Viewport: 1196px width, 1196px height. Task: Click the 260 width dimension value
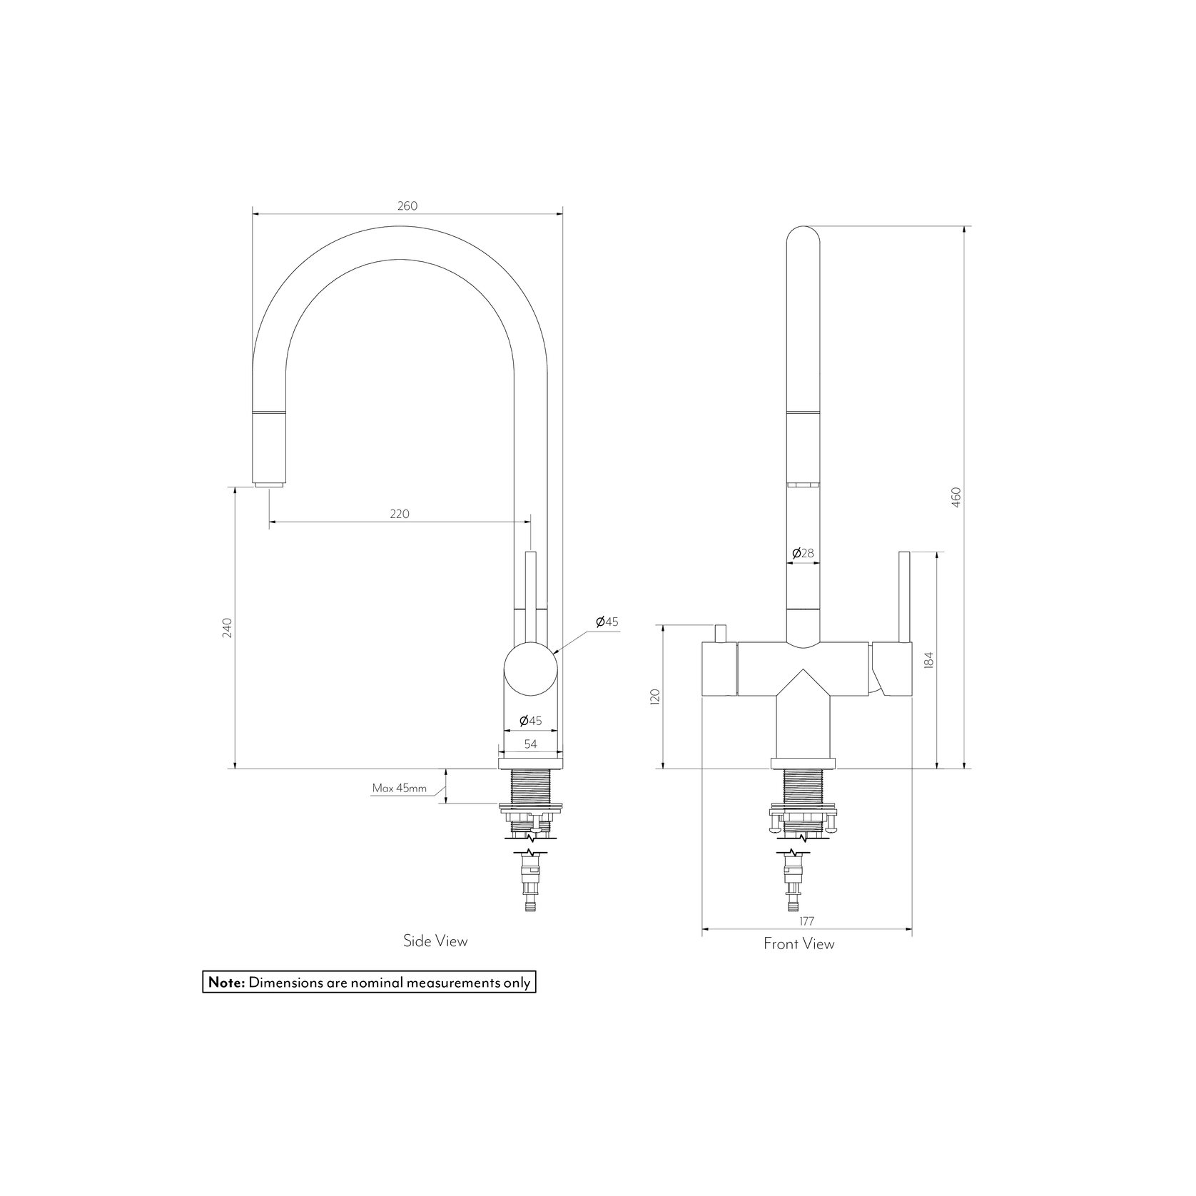pos(407,206)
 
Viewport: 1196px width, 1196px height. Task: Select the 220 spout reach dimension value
pos(399,514)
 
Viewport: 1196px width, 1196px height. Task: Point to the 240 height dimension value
pos(227,627)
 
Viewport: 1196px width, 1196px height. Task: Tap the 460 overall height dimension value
pos(956,497)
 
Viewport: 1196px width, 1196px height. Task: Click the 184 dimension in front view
pos(928,660)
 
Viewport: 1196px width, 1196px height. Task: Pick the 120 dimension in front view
pos(656,696)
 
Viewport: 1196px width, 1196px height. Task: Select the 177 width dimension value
pos(806,921)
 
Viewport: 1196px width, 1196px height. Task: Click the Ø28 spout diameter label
pos(803,553)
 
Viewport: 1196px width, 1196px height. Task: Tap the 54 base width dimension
pos(530,744)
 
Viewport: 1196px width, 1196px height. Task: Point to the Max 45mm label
pos(399,789)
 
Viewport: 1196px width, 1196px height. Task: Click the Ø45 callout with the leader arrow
pos(607,622)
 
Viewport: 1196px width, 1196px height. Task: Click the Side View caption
pos(435,941)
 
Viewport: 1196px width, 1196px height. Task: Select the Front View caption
pos(799,944)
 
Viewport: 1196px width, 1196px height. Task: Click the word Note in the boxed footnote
pos(226,983)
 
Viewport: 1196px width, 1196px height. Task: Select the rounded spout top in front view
pos(803,239)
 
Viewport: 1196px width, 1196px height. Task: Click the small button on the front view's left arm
pos(720,633)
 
